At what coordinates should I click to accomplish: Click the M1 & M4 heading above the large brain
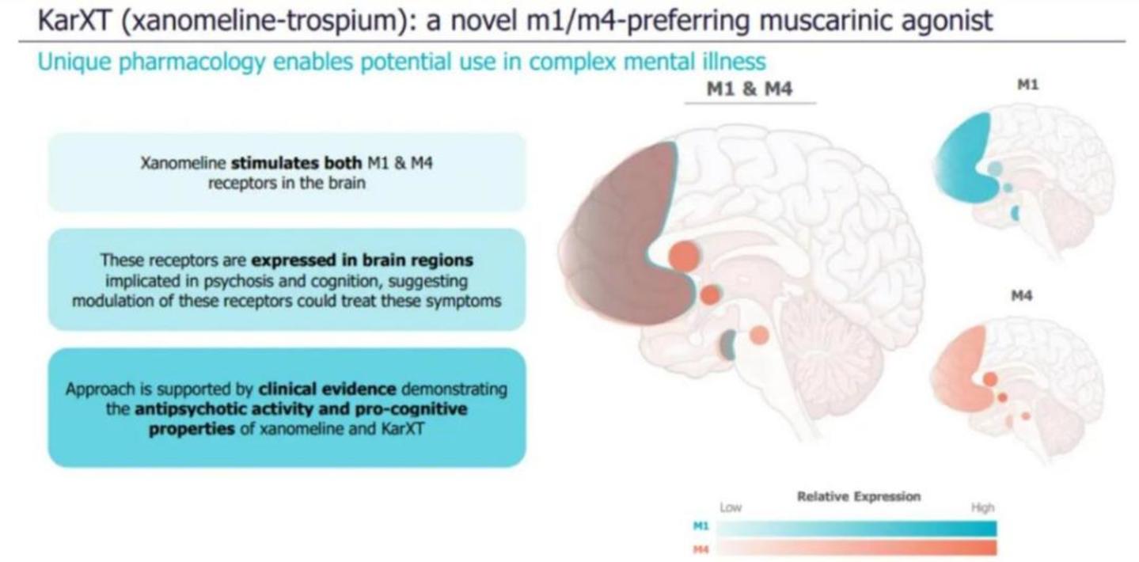tap(749, 89)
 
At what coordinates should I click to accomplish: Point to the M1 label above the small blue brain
tap(1027, 85)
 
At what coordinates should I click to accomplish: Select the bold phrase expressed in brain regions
tap(362, 260)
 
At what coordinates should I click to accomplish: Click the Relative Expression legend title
tap(858, 496)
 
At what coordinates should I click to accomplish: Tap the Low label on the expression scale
tap(730, 507)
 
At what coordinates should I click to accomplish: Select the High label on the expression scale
tap(981, 507)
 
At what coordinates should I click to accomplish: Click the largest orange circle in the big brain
tap(684, 256)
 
